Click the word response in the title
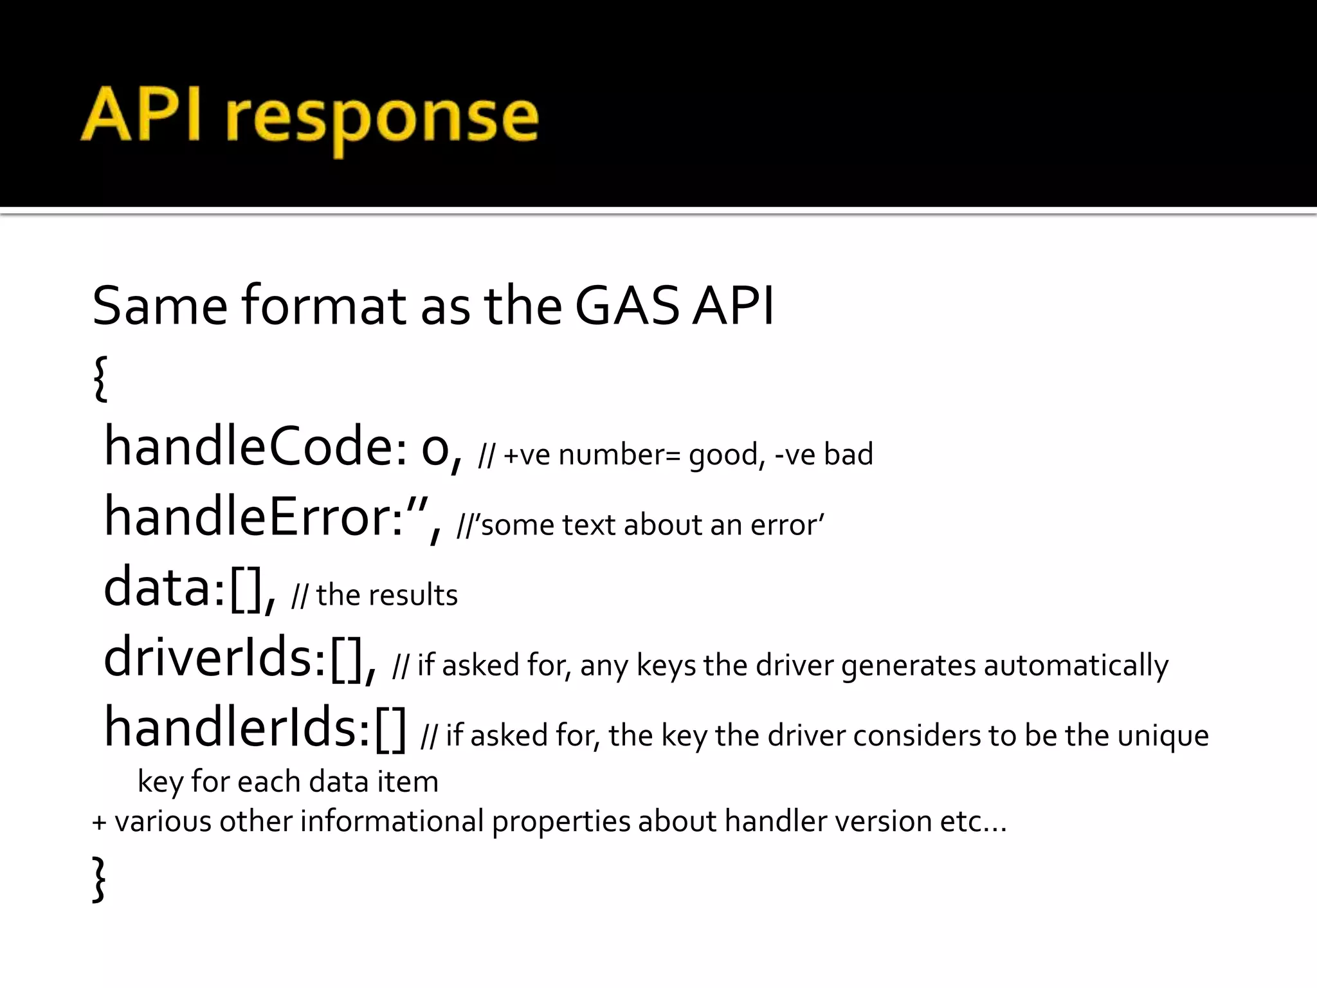coord(382,119)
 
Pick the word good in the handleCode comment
coord(723,455)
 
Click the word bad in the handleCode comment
coord(848,454)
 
